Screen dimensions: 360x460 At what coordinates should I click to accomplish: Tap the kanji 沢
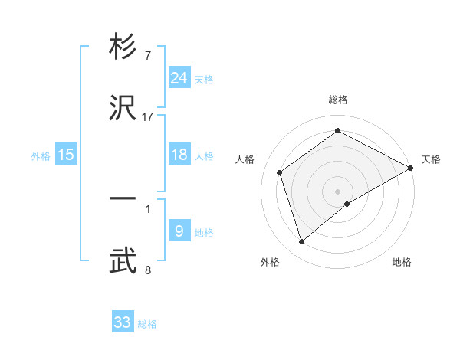point(123,109)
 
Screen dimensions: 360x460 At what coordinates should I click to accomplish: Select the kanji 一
point(123,198)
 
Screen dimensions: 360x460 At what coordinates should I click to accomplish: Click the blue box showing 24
point(179,78)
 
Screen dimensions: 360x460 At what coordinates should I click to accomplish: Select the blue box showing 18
point(179,155)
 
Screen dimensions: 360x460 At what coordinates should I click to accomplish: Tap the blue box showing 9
point(179,231)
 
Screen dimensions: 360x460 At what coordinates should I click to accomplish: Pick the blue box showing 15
point(66,155)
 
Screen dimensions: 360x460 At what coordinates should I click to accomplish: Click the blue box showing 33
point(123,322)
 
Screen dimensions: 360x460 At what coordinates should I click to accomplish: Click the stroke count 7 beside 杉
point(147,56)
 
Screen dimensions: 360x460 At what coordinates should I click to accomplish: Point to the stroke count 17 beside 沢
point(147,117)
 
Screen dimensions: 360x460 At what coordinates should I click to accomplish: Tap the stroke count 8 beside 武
point(147,270)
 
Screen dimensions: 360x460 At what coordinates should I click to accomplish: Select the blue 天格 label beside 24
point(204,80)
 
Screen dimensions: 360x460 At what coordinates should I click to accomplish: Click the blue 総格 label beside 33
point(147,324)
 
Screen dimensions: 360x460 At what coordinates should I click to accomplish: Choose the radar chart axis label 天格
point(431,159)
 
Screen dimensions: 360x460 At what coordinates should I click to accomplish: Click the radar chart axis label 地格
point(402,262)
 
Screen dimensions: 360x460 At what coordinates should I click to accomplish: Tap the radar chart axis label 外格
point(270,262)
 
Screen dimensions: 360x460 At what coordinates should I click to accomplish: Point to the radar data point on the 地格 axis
point(347,204)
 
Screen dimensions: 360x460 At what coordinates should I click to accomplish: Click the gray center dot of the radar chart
point(337,190)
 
